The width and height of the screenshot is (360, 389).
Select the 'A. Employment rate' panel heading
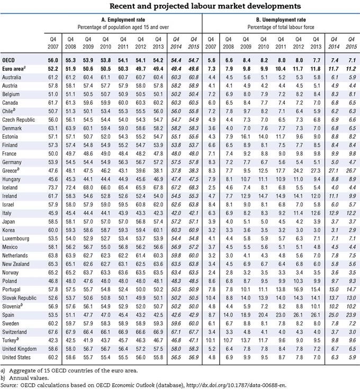click(x=123, y=19)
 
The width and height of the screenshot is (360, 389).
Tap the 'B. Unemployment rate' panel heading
click(x=281, y=19)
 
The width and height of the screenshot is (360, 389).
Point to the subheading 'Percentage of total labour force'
click(x=281, y=26)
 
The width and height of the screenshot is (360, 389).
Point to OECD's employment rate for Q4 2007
click(x=51, y=61)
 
